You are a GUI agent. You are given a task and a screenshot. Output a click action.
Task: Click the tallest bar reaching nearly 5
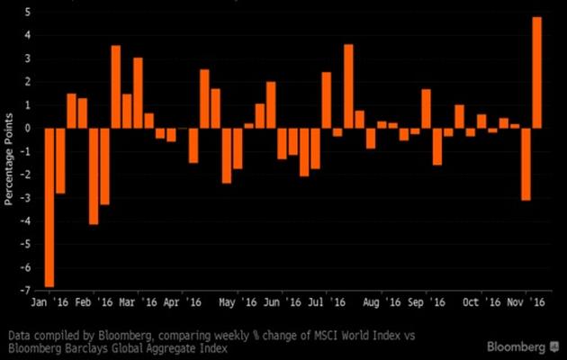(x=537, y=72)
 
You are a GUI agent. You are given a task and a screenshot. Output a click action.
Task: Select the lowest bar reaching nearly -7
(x=49, y=207)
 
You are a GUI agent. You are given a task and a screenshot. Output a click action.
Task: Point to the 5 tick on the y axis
(x=28, y=13)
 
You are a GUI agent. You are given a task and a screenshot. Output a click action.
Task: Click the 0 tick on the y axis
(x=28, y=129)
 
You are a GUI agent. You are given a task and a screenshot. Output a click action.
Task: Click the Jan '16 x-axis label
(x=49, y=305)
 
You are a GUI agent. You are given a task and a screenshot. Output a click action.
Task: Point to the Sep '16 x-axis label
(x=428, y=305)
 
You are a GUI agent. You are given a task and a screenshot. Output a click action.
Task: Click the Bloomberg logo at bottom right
(x=522, y=346)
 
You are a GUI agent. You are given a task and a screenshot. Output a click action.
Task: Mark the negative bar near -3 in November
(x=526, y=164)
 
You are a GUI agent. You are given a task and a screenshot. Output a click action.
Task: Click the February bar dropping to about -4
(x=94, y=176)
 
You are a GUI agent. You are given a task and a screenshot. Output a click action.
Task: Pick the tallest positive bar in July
(x=348, y=86)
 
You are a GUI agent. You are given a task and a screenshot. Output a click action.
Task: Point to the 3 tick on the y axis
(x=28, y=58)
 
